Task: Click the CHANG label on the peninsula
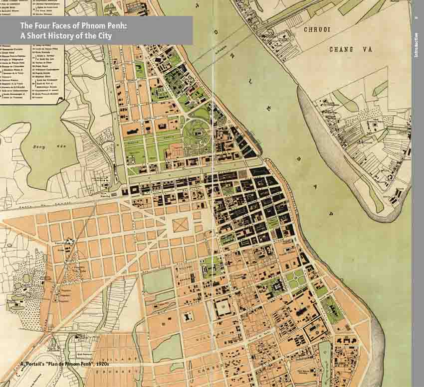[341, 49]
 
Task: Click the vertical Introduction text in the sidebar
[417, 45]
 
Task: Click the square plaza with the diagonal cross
[181, 225]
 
